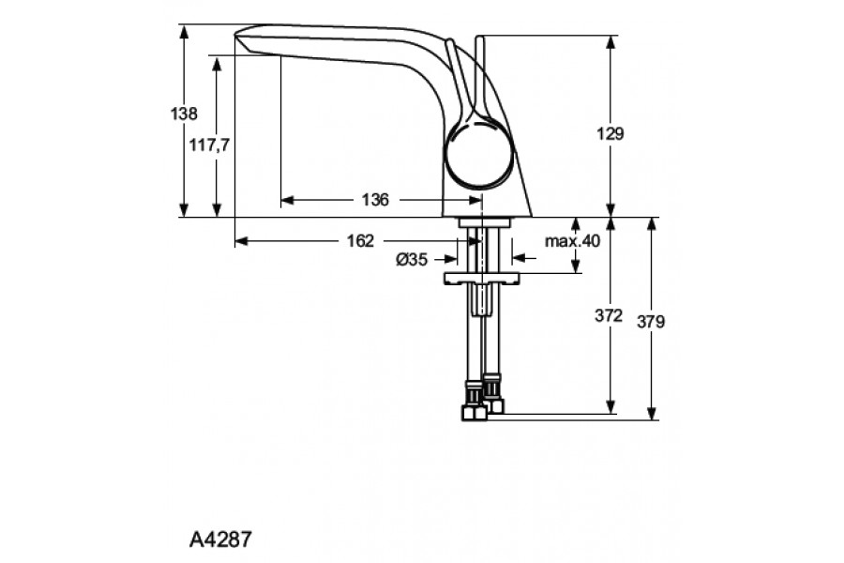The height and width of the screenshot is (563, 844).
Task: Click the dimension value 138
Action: point(184,114)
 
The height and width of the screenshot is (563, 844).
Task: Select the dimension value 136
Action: point(375,200)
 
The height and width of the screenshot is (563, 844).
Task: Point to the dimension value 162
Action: point(360,240)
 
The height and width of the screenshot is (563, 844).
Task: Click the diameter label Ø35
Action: point(412,260)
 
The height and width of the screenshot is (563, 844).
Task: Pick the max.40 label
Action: point(572,241)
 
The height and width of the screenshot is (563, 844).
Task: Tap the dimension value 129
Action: point(610,133)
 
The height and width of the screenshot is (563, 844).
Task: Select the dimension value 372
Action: point(609,316)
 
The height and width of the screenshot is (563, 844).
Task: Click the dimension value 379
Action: point(651,321)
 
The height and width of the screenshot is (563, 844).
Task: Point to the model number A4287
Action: point(220,540)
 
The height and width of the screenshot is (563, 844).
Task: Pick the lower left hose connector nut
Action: point(473,412)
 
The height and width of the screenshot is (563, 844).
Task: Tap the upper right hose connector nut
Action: point(492,383)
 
